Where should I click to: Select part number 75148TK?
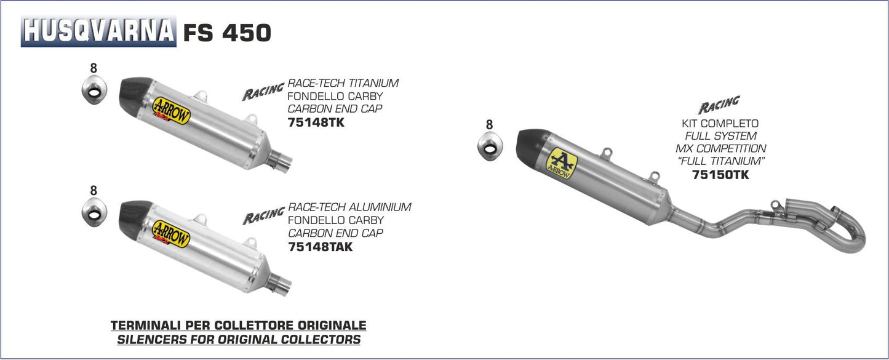316,122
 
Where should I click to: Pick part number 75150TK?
720,175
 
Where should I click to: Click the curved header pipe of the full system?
843,228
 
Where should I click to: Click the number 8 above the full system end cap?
489,125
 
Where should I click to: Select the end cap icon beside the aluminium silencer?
94,212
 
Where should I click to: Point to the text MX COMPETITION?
720,148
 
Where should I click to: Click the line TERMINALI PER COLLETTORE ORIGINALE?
238,325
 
